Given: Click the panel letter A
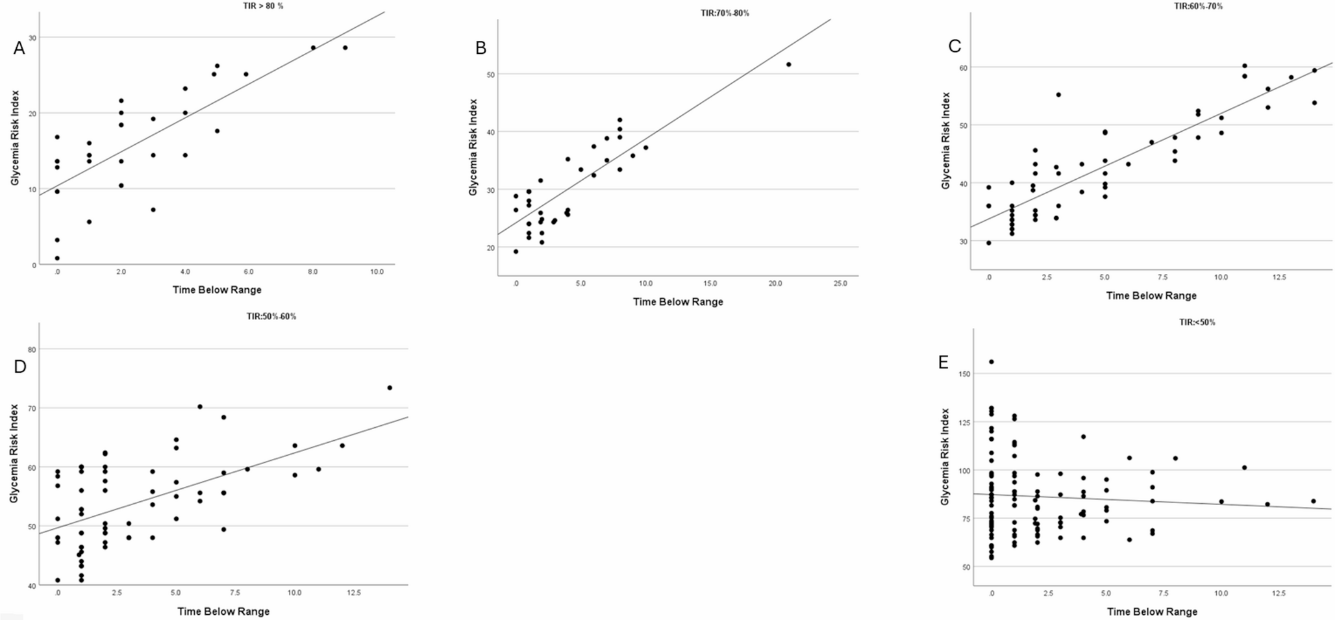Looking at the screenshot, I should coord(19,49).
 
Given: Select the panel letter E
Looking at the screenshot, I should coord(943,363).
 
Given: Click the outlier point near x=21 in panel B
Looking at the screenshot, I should coord(788,64).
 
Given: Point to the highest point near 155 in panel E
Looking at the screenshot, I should coord(991,362).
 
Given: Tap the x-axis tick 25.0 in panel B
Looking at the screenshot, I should coord(840,284).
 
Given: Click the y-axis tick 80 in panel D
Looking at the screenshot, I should coord(32,349).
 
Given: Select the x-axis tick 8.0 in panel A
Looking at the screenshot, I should coord(312,272).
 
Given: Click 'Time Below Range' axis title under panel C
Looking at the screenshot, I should coord(1151,295).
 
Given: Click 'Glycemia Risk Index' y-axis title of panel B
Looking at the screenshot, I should coord(473,147).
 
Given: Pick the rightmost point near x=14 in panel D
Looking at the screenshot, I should coord(390,388).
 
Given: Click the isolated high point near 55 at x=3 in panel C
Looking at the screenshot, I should coord(1058,95).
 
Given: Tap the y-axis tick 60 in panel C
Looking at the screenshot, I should coord(963,68).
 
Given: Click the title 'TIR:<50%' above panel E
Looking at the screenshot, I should coord(1197,322).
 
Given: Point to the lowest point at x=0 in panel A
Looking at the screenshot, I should coord(57,258).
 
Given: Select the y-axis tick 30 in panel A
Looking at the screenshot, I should coord(32,38).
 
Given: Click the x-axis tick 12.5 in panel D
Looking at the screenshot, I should coord(353,593).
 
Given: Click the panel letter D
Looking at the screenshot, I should coord(20,367).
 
